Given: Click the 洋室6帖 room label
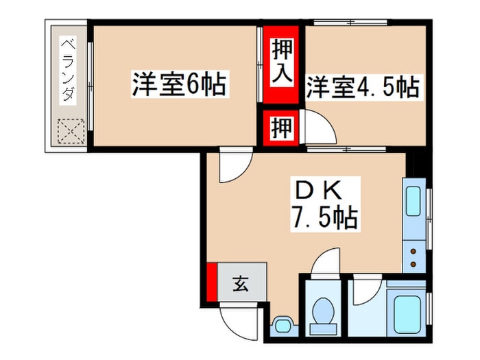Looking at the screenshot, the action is pyautogui.click(x=180, y=84).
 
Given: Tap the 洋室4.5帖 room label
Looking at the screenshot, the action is pyautogui.click(x=363, y=87).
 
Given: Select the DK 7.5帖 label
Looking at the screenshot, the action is pyautogui.click(x=325, y=204).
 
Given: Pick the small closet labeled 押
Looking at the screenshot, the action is pyautogui.click(x=281, y=128).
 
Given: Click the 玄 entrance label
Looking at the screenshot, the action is pyautogui.click(x=241, y=283).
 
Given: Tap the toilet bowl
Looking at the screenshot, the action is pyautogui.click(x=323, y=311).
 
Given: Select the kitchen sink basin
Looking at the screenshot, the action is pyautogui.click(x=413, y=202).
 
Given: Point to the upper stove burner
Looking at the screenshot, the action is pyautogui.click(x=413, y=252).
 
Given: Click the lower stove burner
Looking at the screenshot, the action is pyautogui.click(x=413, y=264).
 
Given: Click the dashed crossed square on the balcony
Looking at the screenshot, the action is pyautogui.click(x=71, y=131).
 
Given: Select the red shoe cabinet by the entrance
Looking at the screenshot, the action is pyautogui.click(x=211, y=282).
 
